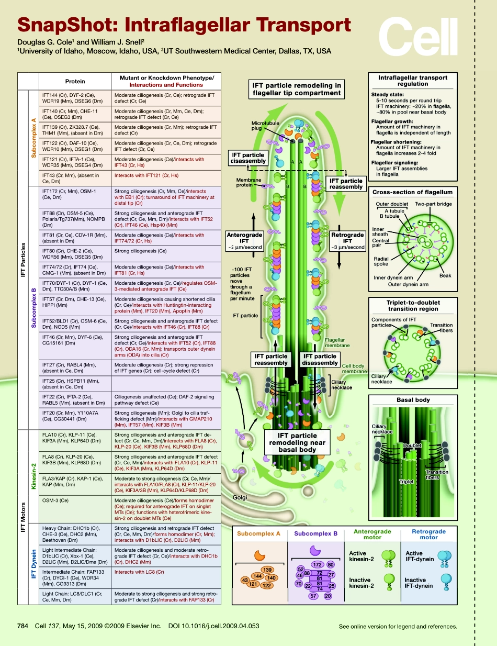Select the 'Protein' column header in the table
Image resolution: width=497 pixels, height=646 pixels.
(75, 81)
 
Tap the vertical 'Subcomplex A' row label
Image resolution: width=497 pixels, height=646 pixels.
(34, 138)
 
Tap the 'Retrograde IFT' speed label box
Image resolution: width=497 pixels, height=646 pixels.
(347, 241)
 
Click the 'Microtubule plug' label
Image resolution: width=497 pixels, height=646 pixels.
(264, 126)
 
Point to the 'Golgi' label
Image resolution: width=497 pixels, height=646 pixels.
(241, 497)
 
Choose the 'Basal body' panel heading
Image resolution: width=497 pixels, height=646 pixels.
(413, 400)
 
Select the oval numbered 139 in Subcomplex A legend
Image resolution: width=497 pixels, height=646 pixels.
(267, 569)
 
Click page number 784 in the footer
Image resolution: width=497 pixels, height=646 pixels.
(22, 626)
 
